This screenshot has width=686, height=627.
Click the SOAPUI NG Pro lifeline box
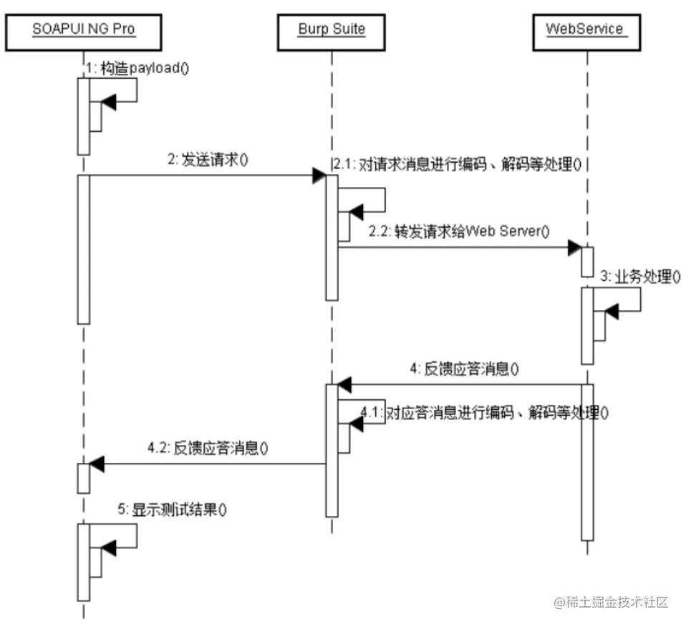pyautogui.click(x=84, y=29)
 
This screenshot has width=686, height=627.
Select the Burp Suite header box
pyautogui.click(x=332, y=29)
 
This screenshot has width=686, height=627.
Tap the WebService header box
pyautogui.click(x=585, y=29)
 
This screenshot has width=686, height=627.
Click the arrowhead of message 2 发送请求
pyautogui.click(x=319, y=176)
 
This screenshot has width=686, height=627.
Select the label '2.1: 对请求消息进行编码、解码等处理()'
pyautogui.click(x=455, y=165)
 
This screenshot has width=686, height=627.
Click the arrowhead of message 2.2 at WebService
pyautogui.click(x=574, y=247)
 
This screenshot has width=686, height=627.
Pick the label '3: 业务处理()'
pyautogui.click(x=639, y=277)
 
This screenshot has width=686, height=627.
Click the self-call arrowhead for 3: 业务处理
pyautogui.click(x=611, y=310)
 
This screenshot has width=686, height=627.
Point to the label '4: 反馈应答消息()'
pyautogui.click(x=464, y=370)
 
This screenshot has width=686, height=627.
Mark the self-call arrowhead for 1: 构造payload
pyautogui.click(x=108, y=103)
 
